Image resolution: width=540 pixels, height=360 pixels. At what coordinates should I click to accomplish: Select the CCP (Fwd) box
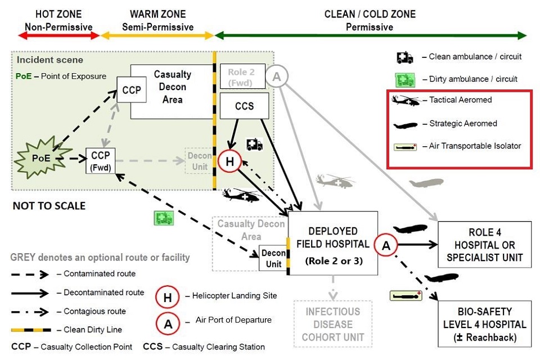(100, 161)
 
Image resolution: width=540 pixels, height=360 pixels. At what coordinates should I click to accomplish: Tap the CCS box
(244, 106)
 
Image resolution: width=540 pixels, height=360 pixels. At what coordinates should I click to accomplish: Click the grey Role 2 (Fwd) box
(242, 76)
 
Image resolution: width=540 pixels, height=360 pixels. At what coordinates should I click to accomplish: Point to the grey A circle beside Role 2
(277, 76)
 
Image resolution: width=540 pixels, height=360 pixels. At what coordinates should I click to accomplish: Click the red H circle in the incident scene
(229, 161)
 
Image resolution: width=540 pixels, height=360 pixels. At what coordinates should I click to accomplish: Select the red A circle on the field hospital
(386, 245)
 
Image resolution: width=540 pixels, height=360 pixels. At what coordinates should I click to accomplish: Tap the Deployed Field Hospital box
(332, 243)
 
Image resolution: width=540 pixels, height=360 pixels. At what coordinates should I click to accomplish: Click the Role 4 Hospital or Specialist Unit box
(484, 245)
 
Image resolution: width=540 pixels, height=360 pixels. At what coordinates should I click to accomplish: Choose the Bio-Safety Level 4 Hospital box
(484, 324)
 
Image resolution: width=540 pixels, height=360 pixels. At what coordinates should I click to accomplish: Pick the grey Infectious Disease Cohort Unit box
(332, 324)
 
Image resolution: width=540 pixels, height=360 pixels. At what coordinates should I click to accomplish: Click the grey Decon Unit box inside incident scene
(199, 161)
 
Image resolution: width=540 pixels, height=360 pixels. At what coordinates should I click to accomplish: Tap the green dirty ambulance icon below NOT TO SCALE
(164, 218)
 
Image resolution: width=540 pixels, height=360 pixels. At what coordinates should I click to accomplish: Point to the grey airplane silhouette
(426, 183)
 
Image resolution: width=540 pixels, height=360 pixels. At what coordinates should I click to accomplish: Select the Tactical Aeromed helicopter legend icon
(406, 101)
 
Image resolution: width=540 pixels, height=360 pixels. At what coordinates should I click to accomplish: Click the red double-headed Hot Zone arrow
(59, 35)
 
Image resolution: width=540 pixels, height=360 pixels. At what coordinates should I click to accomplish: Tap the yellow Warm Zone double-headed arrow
(157, 35)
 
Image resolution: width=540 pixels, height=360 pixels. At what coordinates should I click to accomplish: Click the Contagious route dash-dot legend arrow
(30, 312)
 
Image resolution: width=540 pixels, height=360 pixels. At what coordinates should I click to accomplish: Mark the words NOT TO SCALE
(49, 206)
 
